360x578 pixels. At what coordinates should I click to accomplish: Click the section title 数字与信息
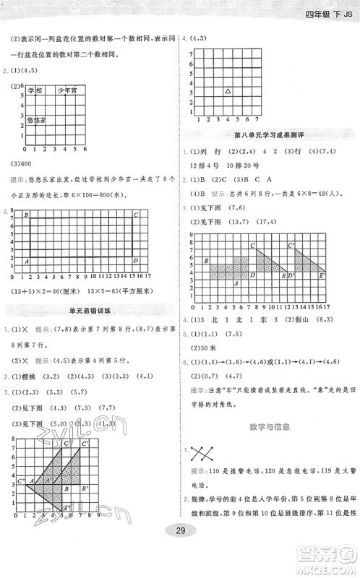tap(270, 427)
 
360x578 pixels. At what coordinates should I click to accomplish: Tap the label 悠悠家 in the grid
tap(37, 119)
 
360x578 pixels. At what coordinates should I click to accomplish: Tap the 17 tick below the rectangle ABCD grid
tap(147, 276)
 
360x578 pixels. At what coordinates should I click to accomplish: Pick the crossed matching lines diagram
tap(202, 454)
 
